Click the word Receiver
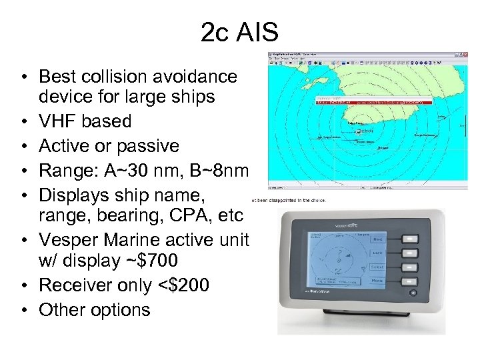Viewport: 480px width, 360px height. (x=75, y=285)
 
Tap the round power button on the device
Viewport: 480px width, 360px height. (x=414, y=293)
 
